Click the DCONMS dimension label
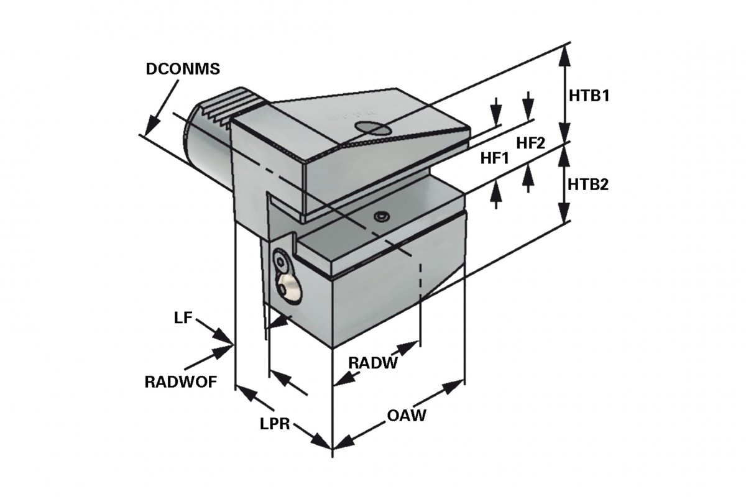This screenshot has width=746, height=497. click(183, 69)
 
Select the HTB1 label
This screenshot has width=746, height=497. click(589, 96)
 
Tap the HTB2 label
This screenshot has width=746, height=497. click(588, 185)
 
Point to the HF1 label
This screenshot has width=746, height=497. click(495, 158)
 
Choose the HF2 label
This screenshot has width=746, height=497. click(531, 143)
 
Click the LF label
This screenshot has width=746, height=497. click(183, 318)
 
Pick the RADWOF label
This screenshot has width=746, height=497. click(181, 382)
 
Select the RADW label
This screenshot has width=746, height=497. click(373, 363)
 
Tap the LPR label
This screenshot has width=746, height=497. click(275, 425)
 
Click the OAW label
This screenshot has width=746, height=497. click(407, 416)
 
